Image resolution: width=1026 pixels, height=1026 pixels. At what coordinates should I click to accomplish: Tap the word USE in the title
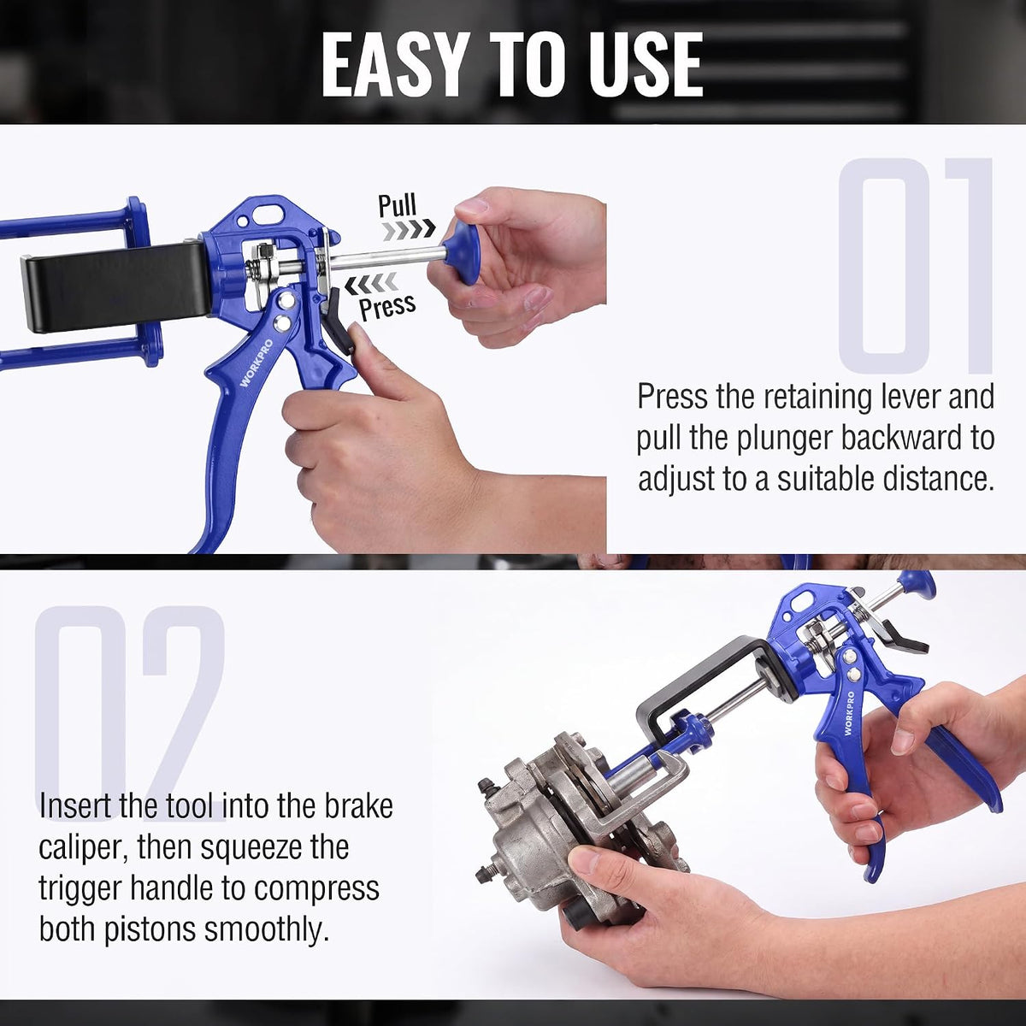(646, 65)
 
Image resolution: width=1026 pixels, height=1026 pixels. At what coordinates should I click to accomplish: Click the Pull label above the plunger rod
(398, 205)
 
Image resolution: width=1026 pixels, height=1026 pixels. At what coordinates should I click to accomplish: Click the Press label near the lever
(387, 307)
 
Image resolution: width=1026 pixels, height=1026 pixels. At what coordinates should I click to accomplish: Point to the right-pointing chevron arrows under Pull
(409, 229)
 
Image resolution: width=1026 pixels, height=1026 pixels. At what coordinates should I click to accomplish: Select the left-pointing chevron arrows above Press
(371, 283)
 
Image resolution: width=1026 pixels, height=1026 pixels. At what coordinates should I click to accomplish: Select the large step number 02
(131, 713)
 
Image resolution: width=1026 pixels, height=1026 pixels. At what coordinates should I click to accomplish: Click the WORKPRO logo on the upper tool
(256, 363)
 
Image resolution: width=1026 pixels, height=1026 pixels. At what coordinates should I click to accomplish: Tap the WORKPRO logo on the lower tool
(849, 713)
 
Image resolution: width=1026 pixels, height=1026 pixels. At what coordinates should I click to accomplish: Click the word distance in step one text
(939, 478)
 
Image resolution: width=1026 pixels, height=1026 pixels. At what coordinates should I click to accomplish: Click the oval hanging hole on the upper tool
(268, 214)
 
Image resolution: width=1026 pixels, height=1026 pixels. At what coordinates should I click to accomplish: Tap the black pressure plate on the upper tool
(115, 286)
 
